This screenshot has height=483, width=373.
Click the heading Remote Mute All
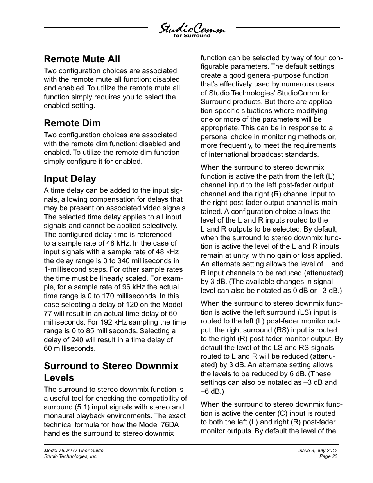pos(82,59)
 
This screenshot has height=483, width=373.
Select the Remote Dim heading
pos(72,123)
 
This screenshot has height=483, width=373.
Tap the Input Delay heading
pos(70,179)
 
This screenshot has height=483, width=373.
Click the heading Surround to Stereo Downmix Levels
pos(111,372)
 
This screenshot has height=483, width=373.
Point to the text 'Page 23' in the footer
pos(328,456)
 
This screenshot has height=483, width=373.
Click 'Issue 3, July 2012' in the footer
pos(318,451)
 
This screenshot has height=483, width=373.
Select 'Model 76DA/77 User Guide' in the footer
pos(74,451)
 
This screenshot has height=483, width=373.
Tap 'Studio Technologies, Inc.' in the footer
pos(71,456)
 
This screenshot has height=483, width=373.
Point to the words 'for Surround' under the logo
pos(192,36)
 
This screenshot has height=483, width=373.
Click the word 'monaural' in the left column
pos(59,416)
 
